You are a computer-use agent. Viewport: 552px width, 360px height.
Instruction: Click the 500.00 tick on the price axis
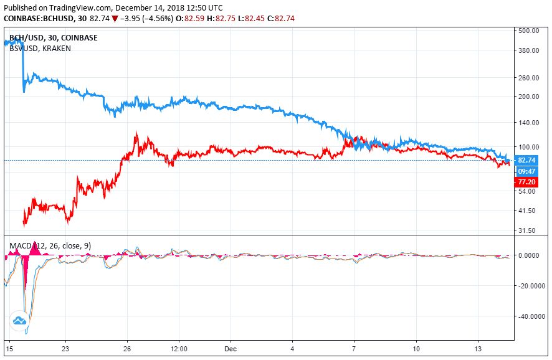pyautogui.click(x=528, y=31)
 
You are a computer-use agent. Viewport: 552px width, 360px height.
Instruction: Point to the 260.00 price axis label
pyautogui.click(x=528, y=78)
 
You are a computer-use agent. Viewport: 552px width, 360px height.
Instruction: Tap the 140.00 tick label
pyautogui.click(x=528, y=123)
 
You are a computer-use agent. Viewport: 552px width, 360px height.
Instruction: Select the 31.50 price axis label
pyautogui.click(x=528, y=230)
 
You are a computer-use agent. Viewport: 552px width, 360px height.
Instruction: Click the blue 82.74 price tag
pyautogui.click(x=527, y=160)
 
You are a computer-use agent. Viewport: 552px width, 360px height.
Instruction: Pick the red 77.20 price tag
pyautogui.click(x=527, y=182)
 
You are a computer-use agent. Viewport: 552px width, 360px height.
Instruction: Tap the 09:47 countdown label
pyautogui.click(x=527, y=171)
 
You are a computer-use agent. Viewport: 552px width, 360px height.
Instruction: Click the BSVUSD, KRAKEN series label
pyautogui.click(x=40, y=48)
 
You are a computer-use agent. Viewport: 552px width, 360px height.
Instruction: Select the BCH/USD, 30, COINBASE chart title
pyautogui.click(x=53, y=37)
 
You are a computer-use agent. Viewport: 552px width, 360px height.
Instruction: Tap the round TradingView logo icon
pyautogui.click(x=19, y=321)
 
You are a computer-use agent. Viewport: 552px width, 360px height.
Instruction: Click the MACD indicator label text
pyautogui.click(x=50, y=246)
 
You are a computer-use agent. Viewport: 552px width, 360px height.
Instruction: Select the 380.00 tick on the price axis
pyautogui.click(x=528, y=50)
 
